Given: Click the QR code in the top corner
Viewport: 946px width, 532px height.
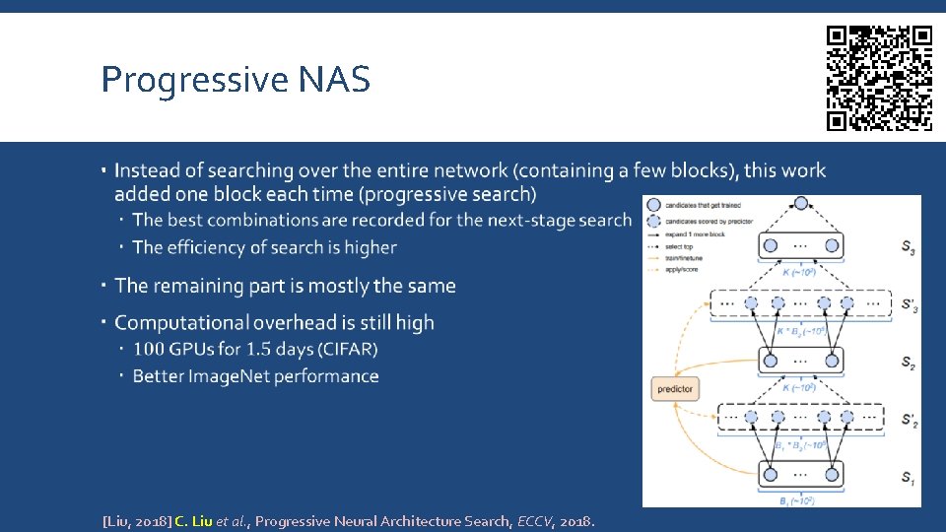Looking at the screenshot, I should [879, 78].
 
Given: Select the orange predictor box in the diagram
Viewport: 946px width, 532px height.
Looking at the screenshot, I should [674, 389].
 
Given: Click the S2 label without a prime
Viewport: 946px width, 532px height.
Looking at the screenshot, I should [907, 363].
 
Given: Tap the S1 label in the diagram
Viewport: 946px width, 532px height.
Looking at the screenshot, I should [907, 478].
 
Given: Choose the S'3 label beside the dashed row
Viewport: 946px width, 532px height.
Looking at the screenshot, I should [908, 305].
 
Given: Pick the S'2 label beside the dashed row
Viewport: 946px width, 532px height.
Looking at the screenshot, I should [908, 421].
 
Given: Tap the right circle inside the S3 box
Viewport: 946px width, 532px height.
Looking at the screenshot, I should [831, 245].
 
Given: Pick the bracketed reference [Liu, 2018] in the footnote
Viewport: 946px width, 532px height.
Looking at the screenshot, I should [136, 521].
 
